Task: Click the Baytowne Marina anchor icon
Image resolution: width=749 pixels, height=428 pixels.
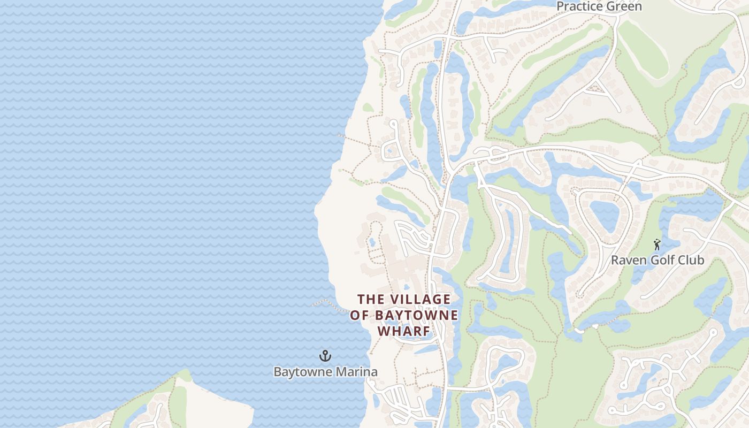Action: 325,356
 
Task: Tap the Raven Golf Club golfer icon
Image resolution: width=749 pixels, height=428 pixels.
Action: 657,245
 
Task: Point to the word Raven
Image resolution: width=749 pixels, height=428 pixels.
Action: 629,261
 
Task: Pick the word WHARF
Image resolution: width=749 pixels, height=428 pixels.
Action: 404,332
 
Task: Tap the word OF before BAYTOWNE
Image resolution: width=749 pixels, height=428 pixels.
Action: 360,315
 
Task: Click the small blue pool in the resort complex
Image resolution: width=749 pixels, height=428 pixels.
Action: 371,242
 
